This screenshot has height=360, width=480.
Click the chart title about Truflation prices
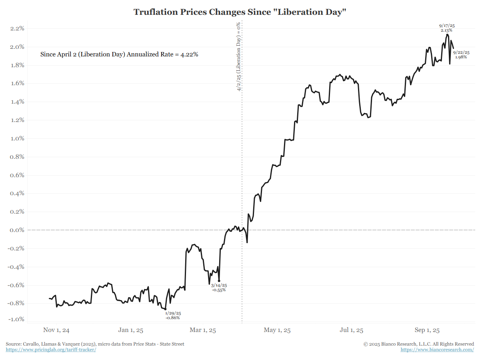click(x=240, y=12)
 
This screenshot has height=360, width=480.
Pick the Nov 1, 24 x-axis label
click(x=56, y=330)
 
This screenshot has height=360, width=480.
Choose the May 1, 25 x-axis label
click(x=277, y=330)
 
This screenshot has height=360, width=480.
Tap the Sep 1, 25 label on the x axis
click(x=427, y=330)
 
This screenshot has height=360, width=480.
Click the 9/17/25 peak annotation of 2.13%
click(x=447, y=28)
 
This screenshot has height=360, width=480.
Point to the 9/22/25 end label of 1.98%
click(x=461, y=55)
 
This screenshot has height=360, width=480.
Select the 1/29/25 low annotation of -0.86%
click(x=173, y=315)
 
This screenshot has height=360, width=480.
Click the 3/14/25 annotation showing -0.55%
click(x=219, y=287)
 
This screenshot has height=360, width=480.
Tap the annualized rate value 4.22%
click(x=190, y=54)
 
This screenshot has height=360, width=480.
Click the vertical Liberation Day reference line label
click(x=239, y=57)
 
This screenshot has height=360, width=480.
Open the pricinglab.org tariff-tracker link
click(x=51, y=350)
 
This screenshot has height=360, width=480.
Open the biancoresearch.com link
click(x=437, y=350)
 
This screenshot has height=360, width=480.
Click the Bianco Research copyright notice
click(x=419, y=344)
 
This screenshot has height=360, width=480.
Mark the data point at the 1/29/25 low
click(x=166, y=309)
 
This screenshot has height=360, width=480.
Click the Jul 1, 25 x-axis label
click(x=352, y=330)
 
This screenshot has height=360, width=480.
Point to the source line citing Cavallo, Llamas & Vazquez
click(x=95, y=344)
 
